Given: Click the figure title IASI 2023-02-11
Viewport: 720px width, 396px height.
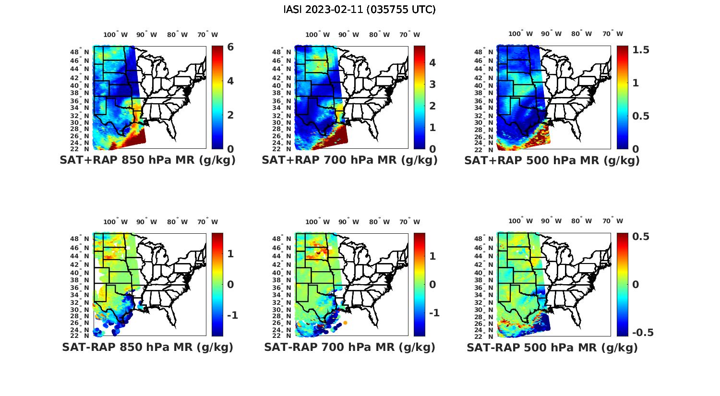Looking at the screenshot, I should click(360, 10).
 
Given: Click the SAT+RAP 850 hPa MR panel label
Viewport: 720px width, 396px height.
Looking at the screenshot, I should click(147, 160).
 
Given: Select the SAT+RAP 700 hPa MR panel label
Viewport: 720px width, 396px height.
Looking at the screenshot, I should click(349, 160).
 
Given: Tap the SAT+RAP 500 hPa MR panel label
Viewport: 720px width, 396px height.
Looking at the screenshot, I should click(552, 160).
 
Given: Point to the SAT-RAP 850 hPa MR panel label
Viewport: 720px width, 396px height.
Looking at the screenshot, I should click(147, 347).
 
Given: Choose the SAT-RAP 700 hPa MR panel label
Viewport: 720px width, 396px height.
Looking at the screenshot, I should click(349, 347).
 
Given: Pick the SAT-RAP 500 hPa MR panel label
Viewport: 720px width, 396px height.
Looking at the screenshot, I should click(552, 347).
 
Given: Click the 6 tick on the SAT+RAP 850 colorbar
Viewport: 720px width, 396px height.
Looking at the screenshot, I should click(230, 47).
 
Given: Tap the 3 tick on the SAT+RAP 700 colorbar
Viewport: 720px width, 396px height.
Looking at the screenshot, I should click(432, 84).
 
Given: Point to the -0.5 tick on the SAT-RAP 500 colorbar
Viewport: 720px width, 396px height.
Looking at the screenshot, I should click(643, 333).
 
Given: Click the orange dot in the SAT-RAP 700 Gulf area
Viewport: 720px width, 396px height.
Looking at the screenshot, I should click(345, 323).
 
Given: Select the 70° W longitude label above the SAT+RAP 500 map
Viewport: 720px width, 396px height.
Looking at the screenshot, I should click(612, 34).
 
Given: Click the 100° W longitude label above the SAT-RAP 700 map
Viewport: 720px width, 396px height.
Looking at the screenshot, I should click(317, 222).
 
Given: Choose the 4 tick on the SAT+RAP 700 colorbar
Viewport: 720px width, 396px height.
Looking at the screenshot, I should click(432, 63).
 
